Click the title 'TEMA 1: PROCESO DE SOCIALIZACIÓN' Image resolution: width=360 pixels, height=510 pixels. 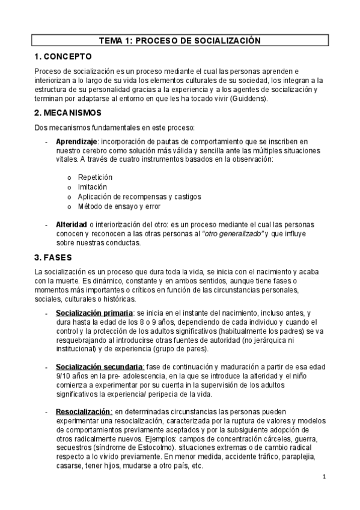[180, 40]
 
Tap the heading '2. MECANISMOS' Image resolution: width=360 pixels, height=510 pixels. [68, 112]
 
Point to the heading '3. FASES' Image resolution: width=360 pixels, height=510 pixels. [53, 257]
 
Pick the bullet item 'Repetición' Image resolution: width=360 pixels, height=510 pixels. [95, 177]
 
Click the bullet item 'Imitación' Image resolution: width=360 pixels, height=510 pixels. [93, 187]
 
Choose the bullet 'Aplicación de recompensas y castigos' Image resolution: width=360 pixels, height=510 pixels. [139, 197]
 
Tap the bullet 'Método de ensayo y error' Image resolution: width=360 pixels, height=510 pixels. [118, 206]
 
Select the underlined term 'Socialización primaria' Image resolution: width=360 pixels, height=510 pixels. [94, 313]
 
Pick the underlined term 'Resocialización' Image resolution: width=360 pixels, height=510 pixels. [88, 411]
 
